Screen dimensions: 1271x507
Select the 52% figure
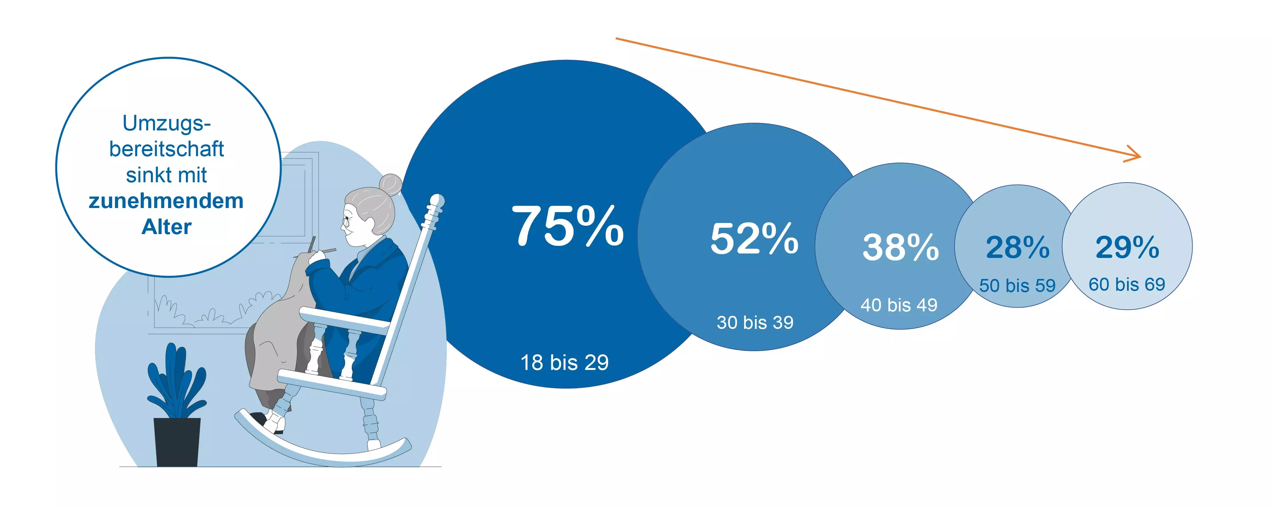(754, 239)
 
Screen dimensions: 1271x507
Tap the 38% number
(901, 247)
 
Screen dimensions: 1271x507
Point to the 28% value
(1017, 247)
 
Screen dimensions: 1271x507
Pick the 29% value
(1127, 247)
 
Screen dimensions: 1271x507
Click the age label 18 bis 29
(564, 362)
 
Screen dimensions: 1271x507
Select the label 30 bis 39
(755, 323)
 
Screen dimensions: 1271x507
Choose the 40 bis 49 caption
(899, 305)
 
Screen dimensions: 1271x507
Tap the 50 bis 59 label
(1017, 285)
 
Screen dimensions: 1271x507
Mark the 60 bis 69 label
(1127, 284)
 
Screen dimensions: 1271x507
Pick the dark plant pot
(177, 442)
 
